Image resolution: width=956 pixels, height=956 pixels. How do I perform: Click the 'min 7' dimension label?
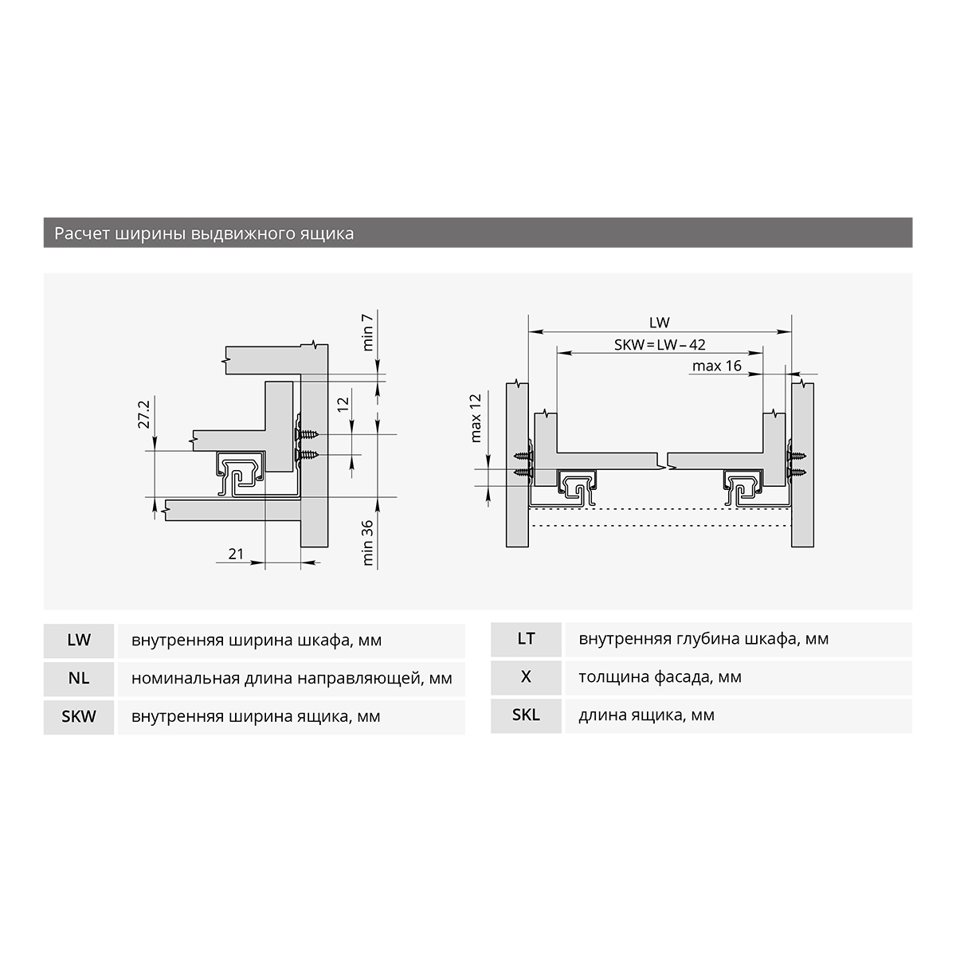point(367,332)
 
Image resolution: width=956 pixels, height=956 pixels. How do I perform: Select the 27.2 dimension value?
point(144,415)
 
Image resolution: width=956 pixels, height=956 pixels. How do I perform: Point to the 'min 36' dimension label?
point(367,543)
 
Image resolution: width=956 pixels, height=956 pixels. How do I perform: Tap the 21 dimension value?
point(236,554)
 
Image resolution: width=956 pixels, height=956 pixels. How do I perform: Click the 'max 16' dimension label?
point(716,366)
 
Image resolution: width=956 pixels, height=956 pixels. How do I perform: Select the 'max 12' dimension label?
point(476,417)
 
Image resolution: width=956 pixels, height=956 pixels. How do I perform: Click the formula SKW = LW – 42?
point(660,345)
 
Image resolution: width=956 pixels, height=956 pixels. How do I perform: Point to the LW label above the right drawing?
point(660,323)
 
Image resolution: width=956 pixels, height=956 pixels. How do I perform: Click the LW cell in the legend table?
point(79,640)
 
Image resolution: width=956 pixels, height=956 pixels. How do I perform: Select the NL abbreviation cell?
point(79,678)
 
